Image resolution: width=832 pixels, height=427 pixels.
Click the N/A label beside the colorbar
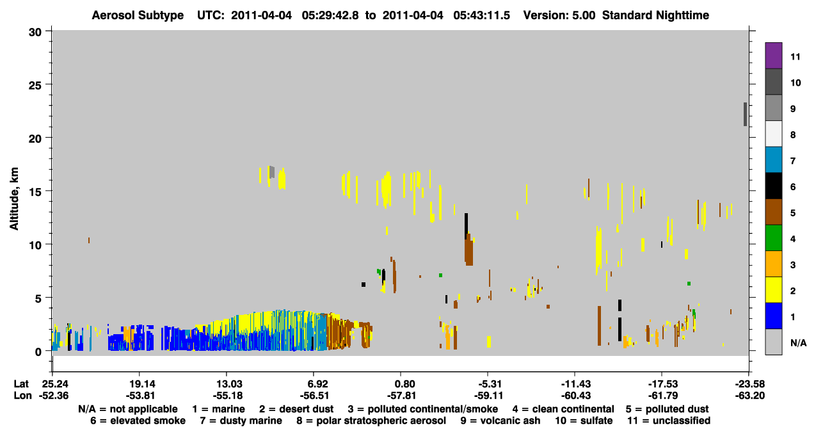coord(798,342)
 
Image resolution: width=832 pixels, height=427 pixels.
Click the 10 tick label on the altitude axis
coord(35,245)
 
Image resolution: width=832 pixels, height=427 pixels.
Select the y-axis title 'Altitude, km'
coord(14,198)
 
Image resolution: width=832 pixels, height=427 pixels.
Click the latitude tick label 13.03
coord(227,384)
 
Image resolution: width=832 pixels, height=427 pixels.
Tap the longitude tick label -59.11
coord(489,396)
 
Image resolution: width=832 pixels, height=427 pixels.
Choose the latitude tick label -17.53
coord(662,384)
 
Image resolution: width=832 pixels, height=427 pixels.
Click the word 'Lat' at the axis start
coord(21,384)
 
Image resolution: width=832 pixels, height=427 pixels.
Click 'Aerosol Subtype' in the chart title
coord(138,15)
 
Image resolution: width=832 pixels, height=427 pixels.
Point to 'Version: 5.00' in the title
coord(559,15)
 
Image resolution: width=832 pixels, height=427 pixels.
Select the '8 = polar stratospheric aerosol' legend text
coord(371,421)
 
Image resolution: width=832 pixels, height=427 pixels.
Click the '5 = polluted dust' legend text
coord(667,409)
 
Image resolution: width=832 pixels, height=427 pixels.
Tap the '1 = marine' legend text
coord(218,409)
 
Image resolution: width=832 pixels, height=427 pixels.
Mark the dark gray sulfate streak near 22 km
coord(745,114)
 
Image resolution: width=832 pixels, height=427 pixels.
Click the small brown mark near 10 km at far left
coord(89,241)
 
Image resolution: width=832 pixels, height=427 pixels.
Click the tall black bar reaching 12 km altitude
coord(466,226)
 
